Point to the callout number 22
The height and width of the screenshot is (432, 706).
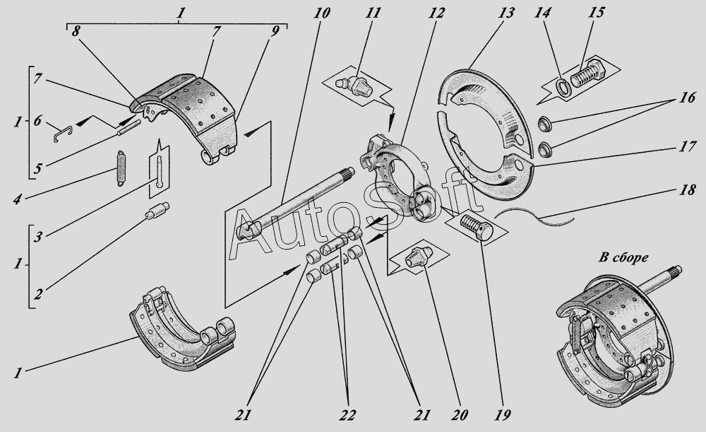pyautogui.click(x=346, y=414)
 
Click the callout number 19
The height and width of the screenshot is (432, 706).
pyautogui.click(x=504, y=414)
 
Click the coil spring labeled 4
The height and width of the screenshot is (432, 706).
pyautogui.click(x=121, y=168)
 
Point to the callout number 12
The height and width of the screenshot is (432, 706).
pyautogui.click(x=433, y=13)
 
